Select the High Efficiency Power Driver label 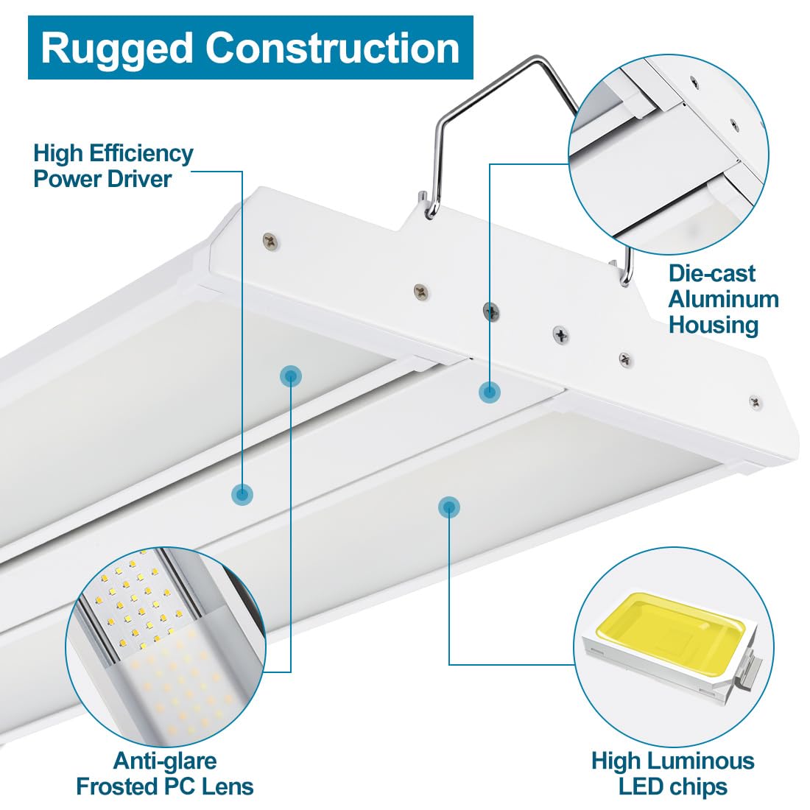point(113,166)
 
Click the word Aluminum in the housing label point(723,299)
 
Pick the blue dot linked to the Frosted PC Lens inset point(291,376)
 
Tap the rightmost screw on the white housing point(755,401)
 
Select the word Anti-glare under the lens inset point(164,761)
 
